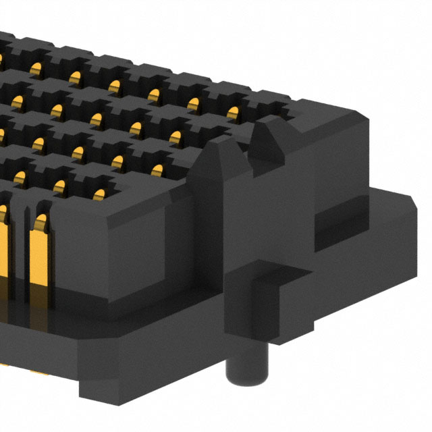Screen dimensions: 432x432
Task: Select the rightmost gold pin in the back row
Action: tap(233, 111)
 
